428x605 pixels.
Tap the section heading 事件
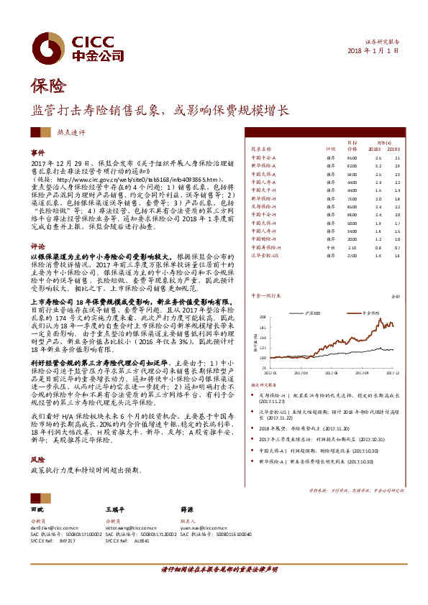pos(37,154)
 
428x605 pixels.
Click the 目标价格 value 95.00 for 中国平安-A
pos(352,157)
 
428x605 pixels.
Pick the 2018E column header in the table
pos(378,149)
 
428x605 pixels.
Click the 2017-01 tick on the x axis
pos(270,374)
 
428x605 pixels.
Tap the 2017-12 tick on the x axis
pos(393,374)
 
